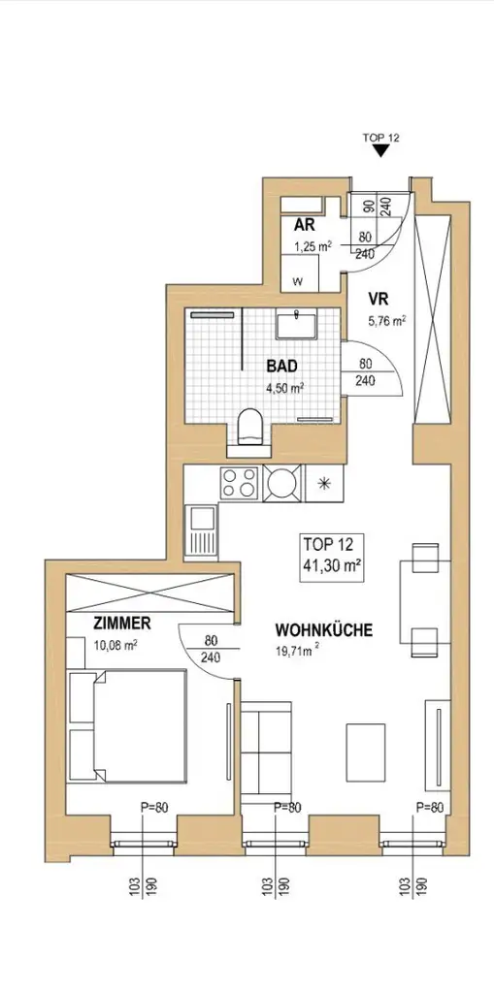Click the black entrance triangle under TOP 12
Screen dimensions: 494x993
[x=380, y=150]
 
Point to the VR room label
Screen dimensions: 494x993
[x=379, y=299]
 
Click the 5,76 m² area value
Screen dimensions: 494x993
[x=387, y=321]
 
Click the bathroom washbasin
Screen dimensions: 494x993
[x=296, y=324]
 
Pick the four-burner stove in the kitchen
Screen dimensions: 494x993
[x=239, y=483]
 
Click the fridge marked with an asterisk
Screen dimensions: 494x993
[x=324, y=484]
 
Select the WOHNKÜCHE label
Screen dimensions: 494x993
[x=323, y=630]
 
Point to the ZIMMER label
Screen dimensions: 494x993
[x=121, y=624]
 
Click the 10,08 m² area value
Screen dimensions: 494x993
[x=115, y=645]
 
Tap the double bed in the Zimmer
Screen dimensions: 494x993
[x=127, y=725]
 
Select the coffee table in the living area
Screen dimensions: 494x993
[x=366, y=753]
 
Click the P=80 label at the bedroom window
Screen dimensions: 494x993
[x=154, y=808]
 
